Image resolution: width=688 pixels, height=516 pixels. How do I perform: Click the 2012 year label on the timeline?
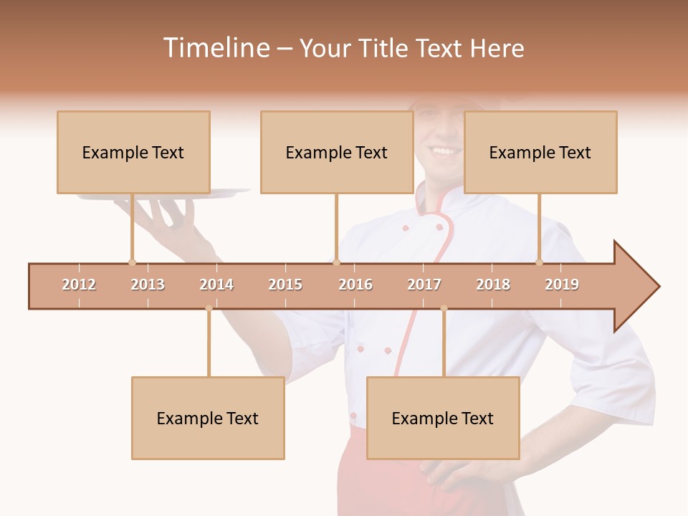tap(79, 285)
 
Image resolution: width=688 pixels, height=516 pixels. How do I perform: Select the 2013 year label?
tap(148, 285)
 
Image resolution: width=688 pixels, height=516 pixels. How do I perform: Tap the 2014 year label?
tap(216, 285)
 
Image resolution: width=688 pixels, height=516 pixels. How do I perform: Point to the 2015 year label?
tap(285, 285)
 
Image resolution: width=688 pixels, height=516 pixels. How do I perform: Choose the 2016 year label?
tap(355, 285)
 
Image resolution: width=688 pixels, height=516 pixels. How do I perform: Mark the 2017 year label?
tap(424, 285)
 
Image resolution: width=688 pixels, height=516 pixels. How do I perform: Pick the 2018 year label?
tap(493, 285)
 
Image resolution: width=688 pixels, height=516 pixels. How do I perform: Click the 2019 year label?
tap(562, 285)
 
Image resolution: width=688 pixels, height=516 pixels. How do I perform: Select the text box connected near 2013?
tap(133, 152)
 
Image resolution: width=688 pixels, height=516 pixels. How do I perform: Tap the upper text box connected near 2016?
tap(337, 152)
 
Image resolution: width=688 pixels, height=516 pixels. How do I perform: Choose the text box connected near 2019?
tap(540, 152)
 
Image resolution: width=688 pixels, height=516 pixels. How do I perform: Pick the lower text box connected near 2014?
tap(208, 418)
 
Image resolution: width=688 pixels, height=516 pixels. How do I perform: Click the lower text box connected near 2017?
tap(443, 418)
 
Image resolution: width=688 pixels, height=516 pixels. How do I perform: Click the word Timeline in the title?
tap(215, 48)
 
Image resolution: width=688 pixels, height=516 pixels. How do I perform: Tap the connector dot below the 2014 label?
tap(209, 308)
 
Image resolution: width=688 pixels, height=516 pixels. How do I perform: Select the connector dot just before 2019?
tap(540, 262)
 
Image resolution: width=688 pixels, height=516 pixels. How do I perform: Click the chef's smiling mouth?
tap(445, 150)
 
